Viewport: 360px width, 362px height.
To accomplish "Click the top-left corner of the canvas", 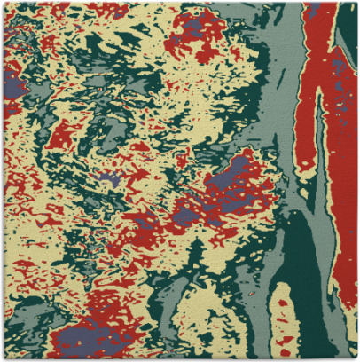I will tap(3, 3).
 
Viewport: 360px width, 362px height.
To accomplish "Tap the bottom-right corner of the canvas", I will tap(356, 358).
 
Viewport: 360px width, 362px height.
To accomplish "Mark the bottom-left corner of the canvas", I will tap(3, 358).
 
